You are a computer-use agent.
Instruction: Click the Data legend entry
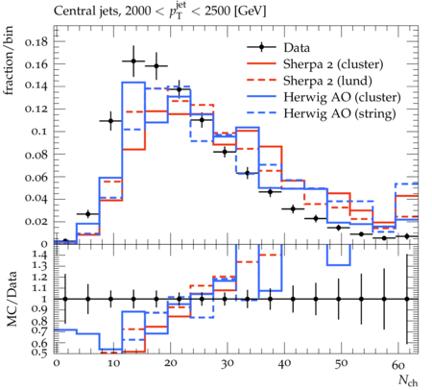click(x=297, y=48)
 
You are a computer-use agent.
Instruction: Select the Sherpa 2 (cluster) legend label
click(x=333, y=64)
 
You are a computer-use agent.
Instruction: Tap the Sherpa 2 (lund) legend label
click(x=327, y=81)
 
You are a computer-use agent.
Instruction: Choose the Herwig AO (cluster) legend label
click(x=342, y=97)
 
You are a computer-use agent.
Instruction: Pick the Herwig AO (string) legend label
click(x=340, y=113)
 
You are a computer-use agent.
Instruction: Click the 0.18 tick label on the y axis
click(x=36, y=41)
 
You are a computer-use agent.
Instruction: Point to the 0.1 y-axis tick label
click(x=39, y=132)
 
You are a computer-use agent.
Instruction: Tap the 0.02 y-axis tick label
click(x=36, y=222)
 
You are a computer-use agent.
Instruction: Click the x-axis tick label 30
click(x=228, y=364)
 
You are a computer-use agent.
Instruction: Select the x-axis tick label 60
click(x=398, y=364)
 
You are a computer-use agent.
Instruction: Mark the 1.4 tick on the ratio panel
click(x=40, y=256)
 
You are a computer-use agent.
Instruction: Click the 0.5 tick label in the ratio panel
click(x=40, y=353)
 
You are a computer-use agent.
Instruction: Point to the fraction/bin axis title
click(x=9, y=61)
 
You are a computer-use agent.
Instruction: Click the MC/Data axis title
click(x=12, y=299)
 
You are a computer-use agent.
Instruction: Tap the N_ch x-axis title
click(x=408, y=380)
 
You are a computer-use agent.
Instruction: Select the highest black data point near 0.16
click(x=133, y=61)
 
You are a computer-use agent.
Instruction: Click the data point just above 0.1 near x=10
click(x=110, y=121)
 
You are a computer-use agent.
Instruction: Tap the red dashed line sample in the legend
click(x=261, y=81)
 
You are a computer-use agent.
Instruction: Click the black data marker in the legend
click(x=261, y=47)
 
